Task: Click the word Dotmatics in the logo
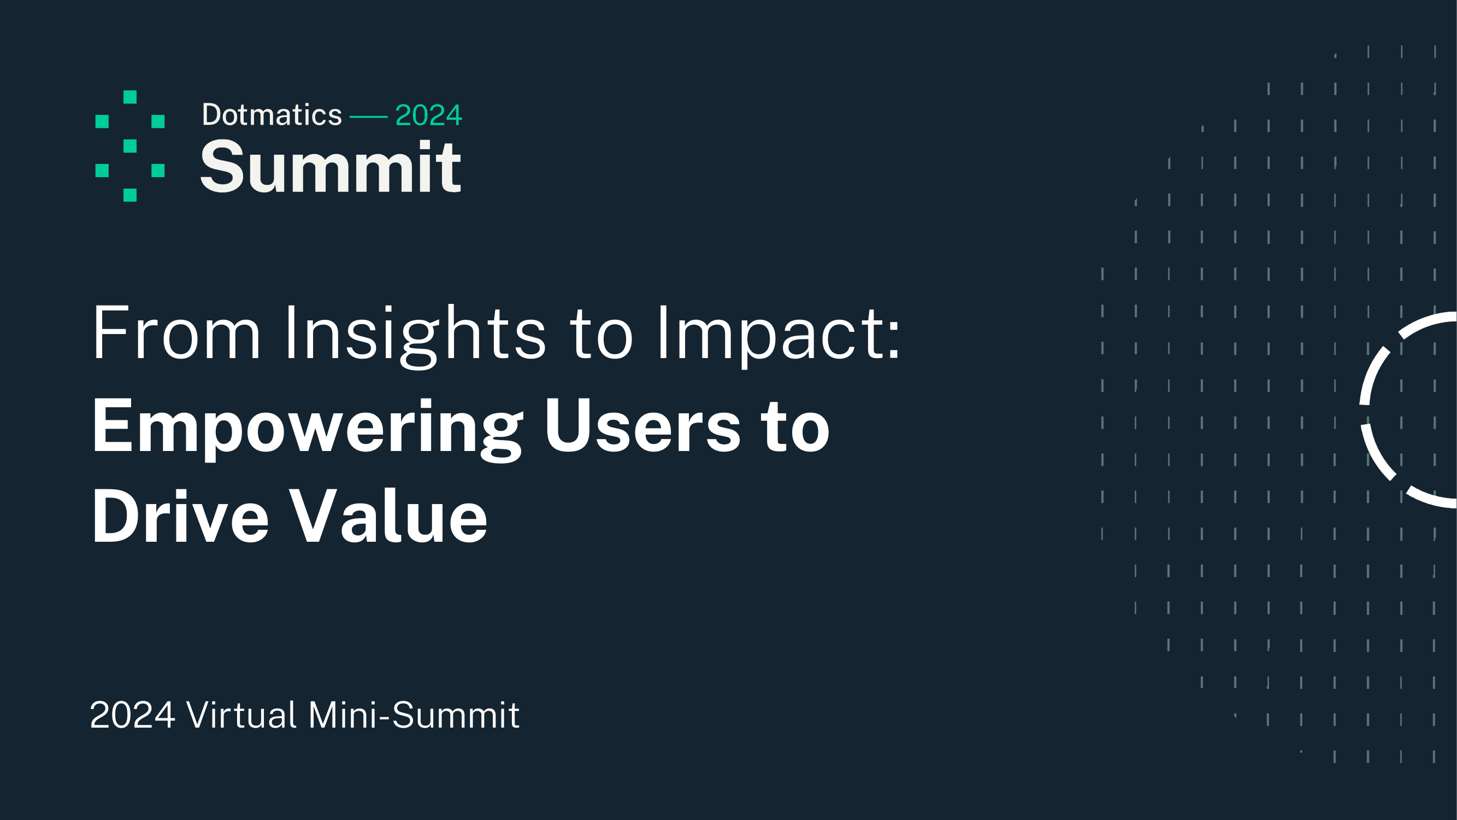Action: pyautogui.click(x=272, y=115)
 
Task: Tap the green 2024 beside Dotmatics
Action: pyautogui.click(x=428, y=115)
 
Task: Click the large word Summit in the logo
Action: pyautogui.click(x=331, y=167)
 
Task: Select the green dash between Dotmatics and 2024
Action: pyautogui.click(x=368, y=117)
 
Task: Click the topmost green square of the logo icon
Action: pyautogui.click(x=130, y=97)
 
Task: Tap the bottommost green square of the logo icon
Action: pyautogui.click(x=130, y=195)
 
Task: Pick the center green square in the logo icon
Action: pyautogui.click(x=130, y=146)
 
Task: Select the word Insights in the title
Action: pyautogui.click(x=415, y=333)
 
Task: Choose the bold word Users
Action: pyautogui.click(x=642, y=427)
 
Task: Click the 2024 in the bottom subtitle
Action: pyautogui.click(x=132, y=714)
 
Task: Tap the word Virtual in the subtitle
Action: pyautogui.click(x=241, y=714)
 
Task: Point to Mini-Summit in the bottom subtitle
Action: pyautogui.click(x=414, y=714)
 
